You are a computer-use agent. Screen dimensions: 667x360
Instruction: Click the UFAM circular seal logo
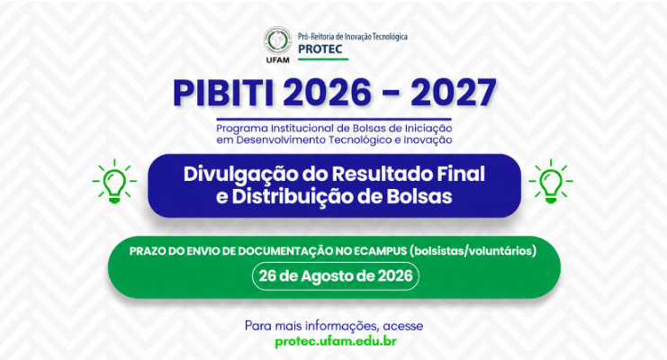277,40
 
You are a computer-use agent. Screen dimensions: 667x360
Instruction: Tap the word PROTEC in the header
320,49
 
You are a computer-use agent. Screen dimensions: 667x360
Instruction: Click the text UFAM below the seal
277,60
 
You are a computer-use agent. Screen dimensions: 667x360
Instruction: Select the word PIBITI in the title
224,93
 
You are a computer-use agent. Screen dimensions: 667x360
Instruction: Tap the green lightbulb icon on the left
114,181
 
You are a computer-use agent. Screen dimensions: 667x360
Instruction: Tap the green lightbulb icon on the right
551,181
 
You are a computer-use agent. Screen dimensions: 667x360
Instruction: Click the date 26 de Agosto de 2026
336,276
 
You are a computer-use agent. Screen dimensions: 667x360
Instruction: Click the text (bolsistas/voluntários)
473,251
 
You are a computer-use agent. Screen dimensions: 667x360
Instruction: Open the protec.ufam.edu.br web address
336,341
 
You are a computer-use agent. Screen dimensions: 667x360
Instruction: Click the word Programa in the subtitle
242,129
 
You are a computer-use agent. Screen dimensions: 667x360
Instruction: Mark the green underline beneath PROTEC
323,59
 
